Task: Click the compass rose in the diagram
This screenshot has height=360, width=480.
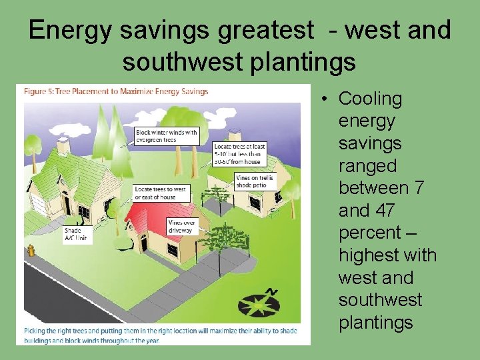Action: tap(260, 304)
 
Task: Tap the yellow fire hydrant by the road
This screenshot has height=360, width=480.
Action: tap(30, 251)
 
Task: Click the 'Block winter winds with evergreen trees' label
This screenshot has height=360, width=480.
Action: tap(167, 135)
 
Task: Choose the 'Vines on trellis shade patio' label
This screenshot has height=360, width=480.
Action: tap(254, 182)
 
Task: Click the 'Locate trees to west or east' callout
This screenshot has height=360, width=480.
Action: tap(161, 193)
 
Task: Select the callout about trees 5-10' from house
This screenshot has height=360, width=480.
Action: tap(239, 155)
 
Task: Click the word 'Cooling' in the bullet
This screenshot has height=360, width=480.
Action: tap(370, 99)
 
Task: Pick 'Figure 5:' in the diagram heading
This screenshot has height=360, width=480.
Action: tap(41, 91)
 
